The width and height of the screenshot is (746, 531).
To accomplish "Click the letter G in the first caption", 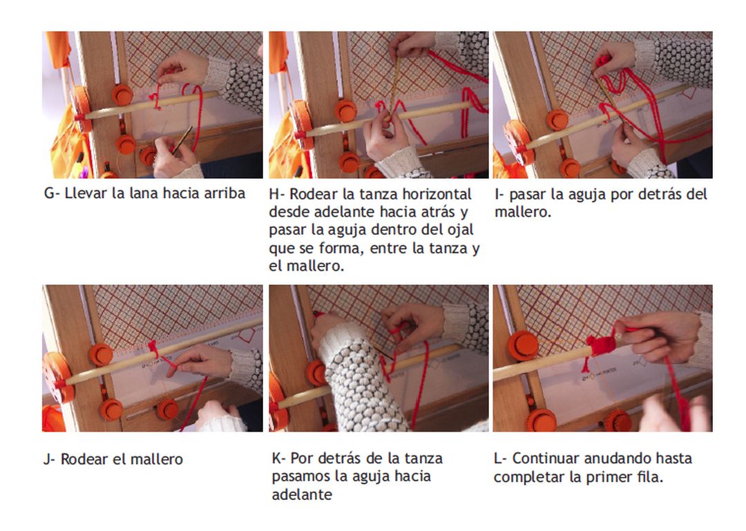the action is [49, 193].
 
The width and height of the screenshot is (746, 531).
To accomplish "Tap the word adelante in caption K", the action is [302, 494].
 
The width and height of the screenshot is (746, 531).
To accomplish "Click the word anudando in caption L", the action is [618, 458].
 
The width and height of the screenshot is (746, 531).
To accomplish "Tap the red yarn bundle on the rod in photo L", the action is [601, 345].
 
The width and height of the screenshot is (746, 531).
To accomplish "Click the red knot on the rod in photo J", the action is [153, 349].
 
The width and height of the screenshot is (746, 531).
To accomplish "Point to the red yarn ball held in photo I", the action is [603, 61].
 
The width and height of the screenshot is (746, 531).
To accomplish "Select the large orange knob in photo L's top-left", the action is [523, 346].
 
